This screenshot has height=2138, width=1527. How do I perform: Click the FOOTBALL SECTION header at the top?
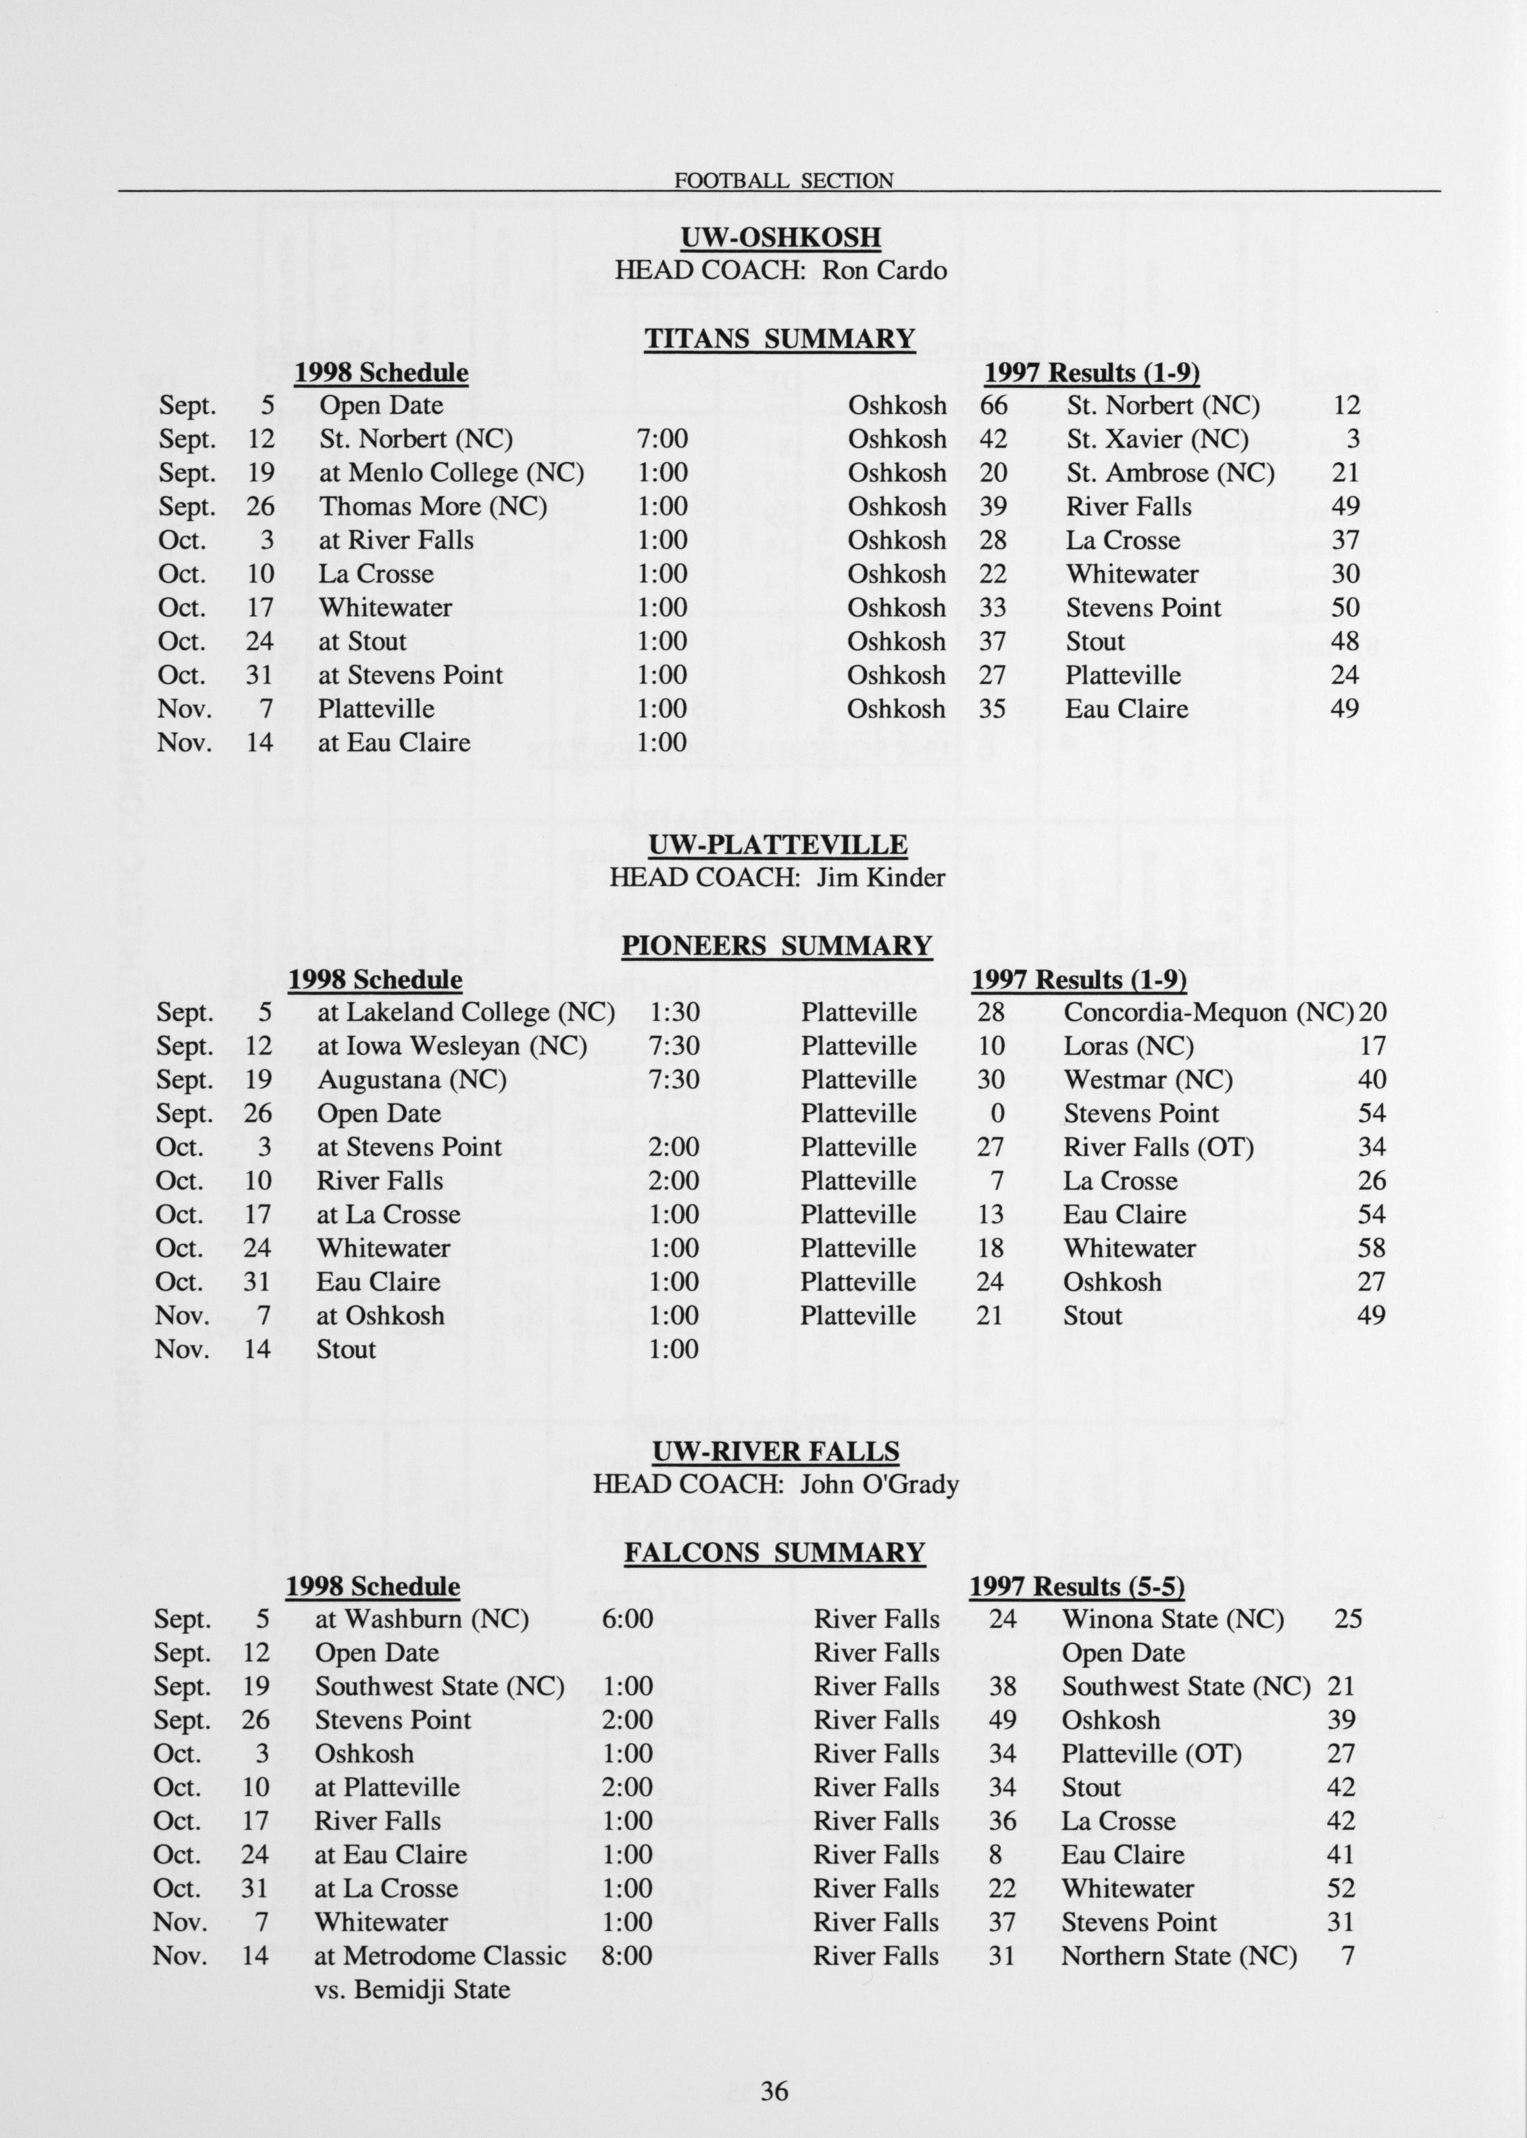point(783,180)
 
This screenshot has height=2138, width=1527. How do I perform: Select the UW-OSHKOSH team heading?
point(780,237)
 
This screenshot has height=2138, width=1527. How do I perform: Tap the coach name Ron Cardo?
point(884,271)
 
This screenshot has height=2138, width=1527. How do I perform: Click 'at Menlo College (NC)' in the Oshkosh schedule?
point(451,473)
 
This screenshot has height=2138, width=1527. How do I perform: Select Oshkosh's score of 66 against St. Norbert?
point(993,405)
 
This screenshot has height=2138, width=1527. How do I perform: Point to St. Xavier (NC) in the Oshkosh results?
point(1157,439)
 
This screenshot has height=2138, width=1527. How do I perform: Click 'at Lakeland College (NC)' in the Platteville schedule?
point(466,1013)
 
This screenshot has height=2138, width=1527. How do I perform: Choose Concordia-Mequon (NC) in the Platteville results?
point(1208,1013)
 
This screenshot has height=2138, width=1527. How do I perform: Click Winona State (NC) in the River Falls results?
point(1172,1619)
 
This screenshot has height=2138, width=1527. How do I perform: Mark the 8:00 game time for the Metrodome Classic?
point(626,1956)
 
